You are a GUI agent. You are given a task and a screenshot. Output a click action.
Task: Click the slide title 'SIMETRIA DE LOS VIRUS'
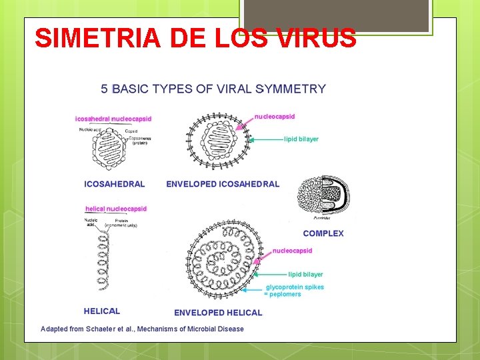tap(195, 38)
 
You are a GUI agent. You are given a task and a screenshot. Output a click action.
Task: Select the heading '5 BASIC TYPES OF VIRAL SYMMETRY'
tap(213, 89)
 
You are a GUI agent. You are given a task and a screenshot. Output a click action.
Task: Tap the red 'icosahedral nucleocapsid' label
tap(113, 119)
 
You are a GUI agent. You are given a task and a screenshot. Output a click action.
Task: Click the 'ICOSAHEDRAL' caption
tap(114, 184)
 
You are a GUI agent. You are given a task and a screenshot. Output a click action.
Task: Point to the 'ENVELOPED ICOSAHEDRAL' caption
tap(223, 184)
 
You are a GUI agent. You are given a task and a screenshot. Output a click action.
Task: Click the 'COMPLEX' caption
tap(323, 233)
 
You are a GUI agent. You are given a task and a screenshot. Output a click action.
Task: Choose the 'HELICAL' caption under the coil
tap(102, 311)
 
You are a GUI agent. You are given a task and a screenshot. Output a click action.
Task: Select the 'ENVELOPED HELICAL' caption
tap(218, 313)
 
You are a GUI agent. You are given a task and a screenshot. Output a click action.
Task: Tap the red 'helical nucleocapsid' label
tap(116, 209)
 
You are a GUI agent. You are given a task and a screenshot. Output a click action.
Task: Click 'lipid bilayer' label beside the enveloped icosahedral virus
tap(301, 139)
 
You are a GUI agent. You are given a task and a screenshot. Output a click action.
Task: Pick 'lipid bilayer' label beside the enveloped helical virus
tap(305, 274)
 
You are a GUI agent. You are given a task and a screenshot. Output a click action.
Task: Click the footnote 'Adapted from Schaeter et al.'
tap(142, 329)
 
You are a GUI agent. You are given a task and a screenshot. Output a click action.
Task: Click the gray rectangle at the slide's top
tap(335, 15)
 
